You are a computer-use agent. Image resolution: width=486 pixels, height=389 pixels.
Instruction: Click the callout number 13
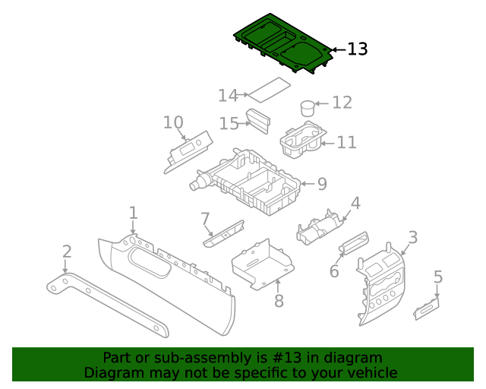pos(357,49)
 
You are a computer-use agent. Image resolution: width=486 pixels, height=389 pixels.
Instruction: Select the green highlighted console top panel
pos(281,43)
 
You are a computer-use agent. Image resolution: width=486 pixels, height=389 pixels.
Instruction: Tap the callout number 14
pos(228,95)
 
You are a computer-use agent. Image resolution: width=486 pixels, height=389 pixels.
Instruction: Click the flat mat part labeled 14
pos(270,89)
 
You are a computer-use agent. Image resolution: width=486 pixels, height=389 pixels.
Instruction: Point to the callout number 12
pos(342,103)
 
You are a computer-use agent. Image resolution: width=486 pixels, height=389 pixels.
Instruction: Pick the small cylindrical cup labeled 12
pos(308,108)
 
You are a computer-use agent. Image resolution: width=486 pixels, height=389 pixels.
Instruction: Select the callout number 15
pos(229,123)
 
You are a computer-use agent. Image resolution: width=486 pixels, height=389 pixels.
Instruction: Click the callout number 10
pos(173,122)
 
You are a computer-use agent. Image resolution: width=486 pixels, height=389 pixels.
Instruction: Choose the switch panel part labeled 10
pos(189,150)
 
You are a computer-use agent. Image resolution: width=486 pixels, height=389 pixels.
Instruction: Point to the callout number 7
pos(205,220)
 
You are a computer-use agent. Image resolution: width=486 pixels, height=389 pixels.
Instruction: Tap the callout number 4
pos(355,203)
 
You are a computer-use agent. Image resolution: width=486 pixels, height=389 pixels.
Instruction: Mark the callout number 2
pos(67,251)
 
